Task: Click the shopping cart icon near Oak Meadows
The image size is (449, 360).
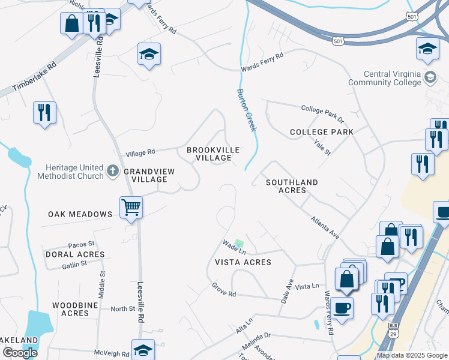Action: click(x=131, y=208)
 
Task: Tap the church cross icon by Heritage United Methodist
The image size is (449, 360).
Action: click(x=112, y=172)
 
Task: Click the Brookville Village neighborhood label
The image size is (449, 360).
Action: click(x=213, y=154)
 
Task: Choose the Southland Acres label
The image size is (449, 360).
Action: click(x=292, y=185)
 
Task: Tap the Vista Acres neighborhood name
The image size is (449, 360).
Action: click(x=243, y=262)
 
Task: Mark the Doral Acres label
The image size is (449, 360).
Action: click(x=75, y=254)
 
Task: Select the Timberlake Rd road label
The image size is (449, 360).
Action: click(x=34, y=77)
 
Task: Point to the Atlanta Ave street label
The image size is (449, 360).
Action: click(x=325, y=228)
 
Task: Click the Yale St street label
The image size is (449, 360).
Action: click(x=322, y=147)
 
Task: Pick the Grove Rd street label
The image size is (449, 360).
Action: click(x=224, y=290)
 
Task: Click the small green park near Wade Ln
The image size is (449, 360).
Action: click(x=239, y=244)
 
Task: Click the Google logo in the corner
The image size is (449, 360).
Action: click(x=20, y=353)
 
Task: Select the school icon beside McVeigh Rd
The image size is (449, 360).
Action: click(x=143, y=350)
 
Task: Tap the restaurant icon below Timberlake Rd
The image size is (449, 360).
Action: click(x=44, y=112)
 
